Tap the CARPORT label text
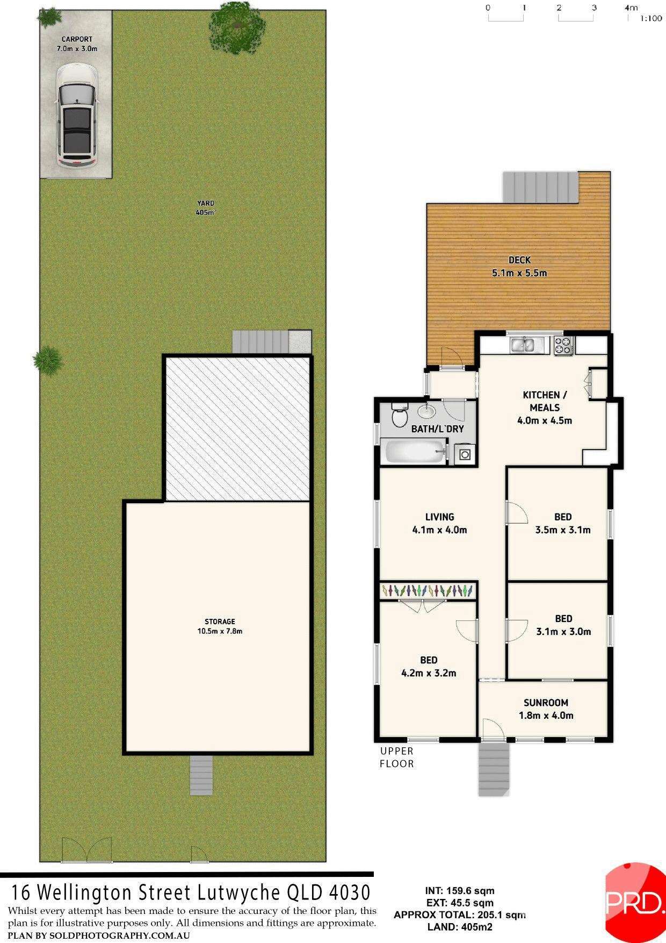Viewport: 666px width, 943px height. [x=77, y=39]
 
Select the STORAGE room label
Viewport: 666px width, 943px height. [x=220, y=621]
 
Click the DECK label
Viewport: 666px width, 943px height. [x=519, y=260]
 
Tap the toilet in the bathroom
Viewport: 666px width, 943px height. [x=399, y=416]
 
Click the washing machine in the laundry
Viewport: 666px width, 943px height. [x=465, y=455]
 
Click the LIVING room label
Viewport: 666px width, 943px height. [x=439, y=517]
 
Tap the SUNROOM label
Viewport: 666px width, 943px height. [x=546, y=703]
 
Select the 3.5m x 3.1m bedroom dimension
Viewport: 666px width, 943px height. [x=563, y=530]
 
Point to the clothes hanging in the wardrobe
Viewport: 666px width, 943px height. [x=428, y=591]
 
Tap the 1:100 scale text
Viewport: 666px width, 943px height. [x=651, y=19]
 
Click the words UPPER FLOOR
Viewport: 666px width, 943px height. [x=397, y=757]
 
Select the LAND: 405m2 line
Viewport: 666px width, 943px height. [x=460, y=927]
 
